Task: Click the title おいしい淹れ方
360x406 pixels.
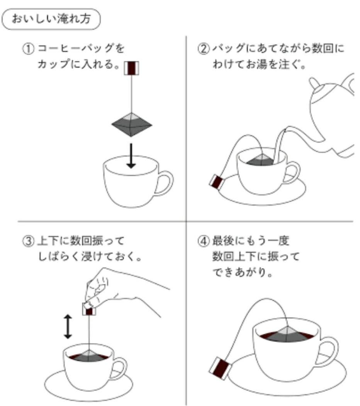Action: (x=51, y=19)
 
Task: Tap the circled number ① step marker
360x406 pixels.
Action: (x=28, y=49)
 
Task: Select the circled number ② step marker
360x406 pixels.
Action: (x=203, y=49)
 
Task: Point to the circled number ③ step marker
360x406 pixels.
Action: (x=28, y=241)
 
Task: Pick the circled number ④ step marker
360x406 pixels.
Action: (x=203, y=241)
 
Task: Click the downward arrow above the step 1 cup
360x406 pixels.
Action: (x=131, y=156)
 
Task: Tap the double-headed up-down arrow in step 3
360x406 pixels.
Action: (x=68, y=326)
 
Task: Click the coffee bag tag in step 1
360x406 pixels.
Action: (x=131, y=68)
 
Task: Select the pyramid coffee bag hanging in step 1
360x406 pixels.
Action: (x=132, y=124)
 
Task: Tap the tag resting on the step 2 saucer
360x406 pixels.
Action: (x=217, y=182)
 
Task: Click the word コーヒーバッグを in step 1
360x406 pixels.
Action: (x=81, y=48)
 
